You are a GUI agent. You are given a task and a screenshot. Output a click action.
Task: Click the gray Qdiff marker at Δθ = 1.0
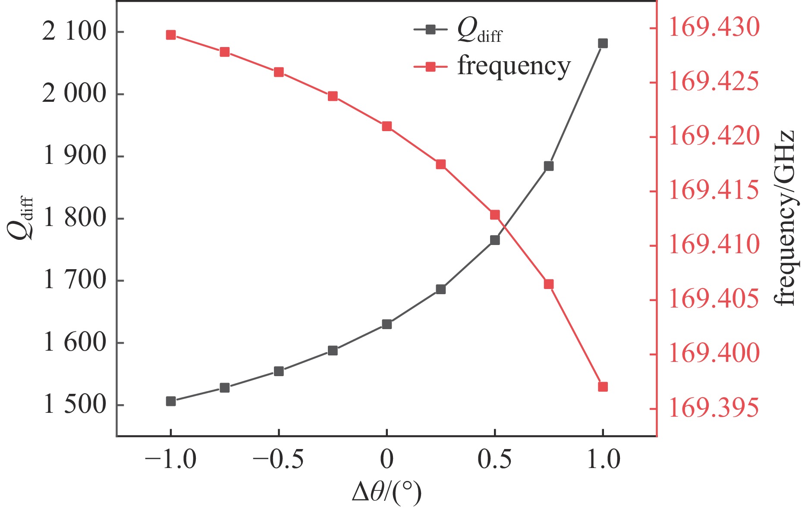[603, 43]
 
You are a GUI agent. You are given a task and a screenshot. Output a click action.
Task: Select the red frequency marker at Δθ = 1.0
[603, 386]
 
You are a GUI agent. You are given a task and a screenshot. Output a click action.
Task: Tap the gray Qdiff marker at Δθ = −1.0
[171, 401]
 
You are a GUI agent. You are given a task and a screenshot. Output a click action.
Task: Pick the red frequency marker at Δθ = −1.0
[171, 35]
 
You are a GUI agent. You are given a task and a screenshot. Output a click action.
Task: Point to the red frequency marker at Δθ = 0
[387, 126]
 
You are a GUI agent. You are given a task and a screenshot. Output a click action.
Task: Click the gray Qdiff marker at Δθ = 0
[387, 324]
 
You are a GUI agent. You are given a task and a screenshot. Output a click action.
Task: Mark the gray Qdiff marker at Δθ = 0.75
[548, 166]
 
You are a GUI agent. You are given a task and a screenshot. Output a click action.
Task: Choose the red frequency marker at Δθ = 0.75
[548, 284]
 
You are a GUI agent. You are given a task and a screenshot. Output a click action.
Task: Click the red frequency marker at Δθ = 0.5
[495, 215]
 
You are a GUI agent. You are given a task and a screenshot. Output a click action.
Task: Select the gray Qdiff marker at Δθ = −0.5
[279, 371]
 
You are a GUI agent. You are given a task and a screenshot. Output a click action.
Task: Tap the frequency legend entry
[492, 66]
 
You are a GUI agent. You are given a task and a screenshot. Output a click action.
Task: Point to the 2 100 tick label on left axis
[74, 32]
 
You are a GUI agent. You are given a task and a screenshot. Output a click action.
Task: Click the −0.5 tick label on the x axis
[278, 460]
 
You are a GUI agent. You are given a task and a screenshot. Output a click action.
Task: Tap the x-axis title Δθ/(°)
[387, 493]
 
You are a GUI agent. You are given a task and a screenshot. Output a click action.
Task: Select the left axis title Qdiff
[21, 218]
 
